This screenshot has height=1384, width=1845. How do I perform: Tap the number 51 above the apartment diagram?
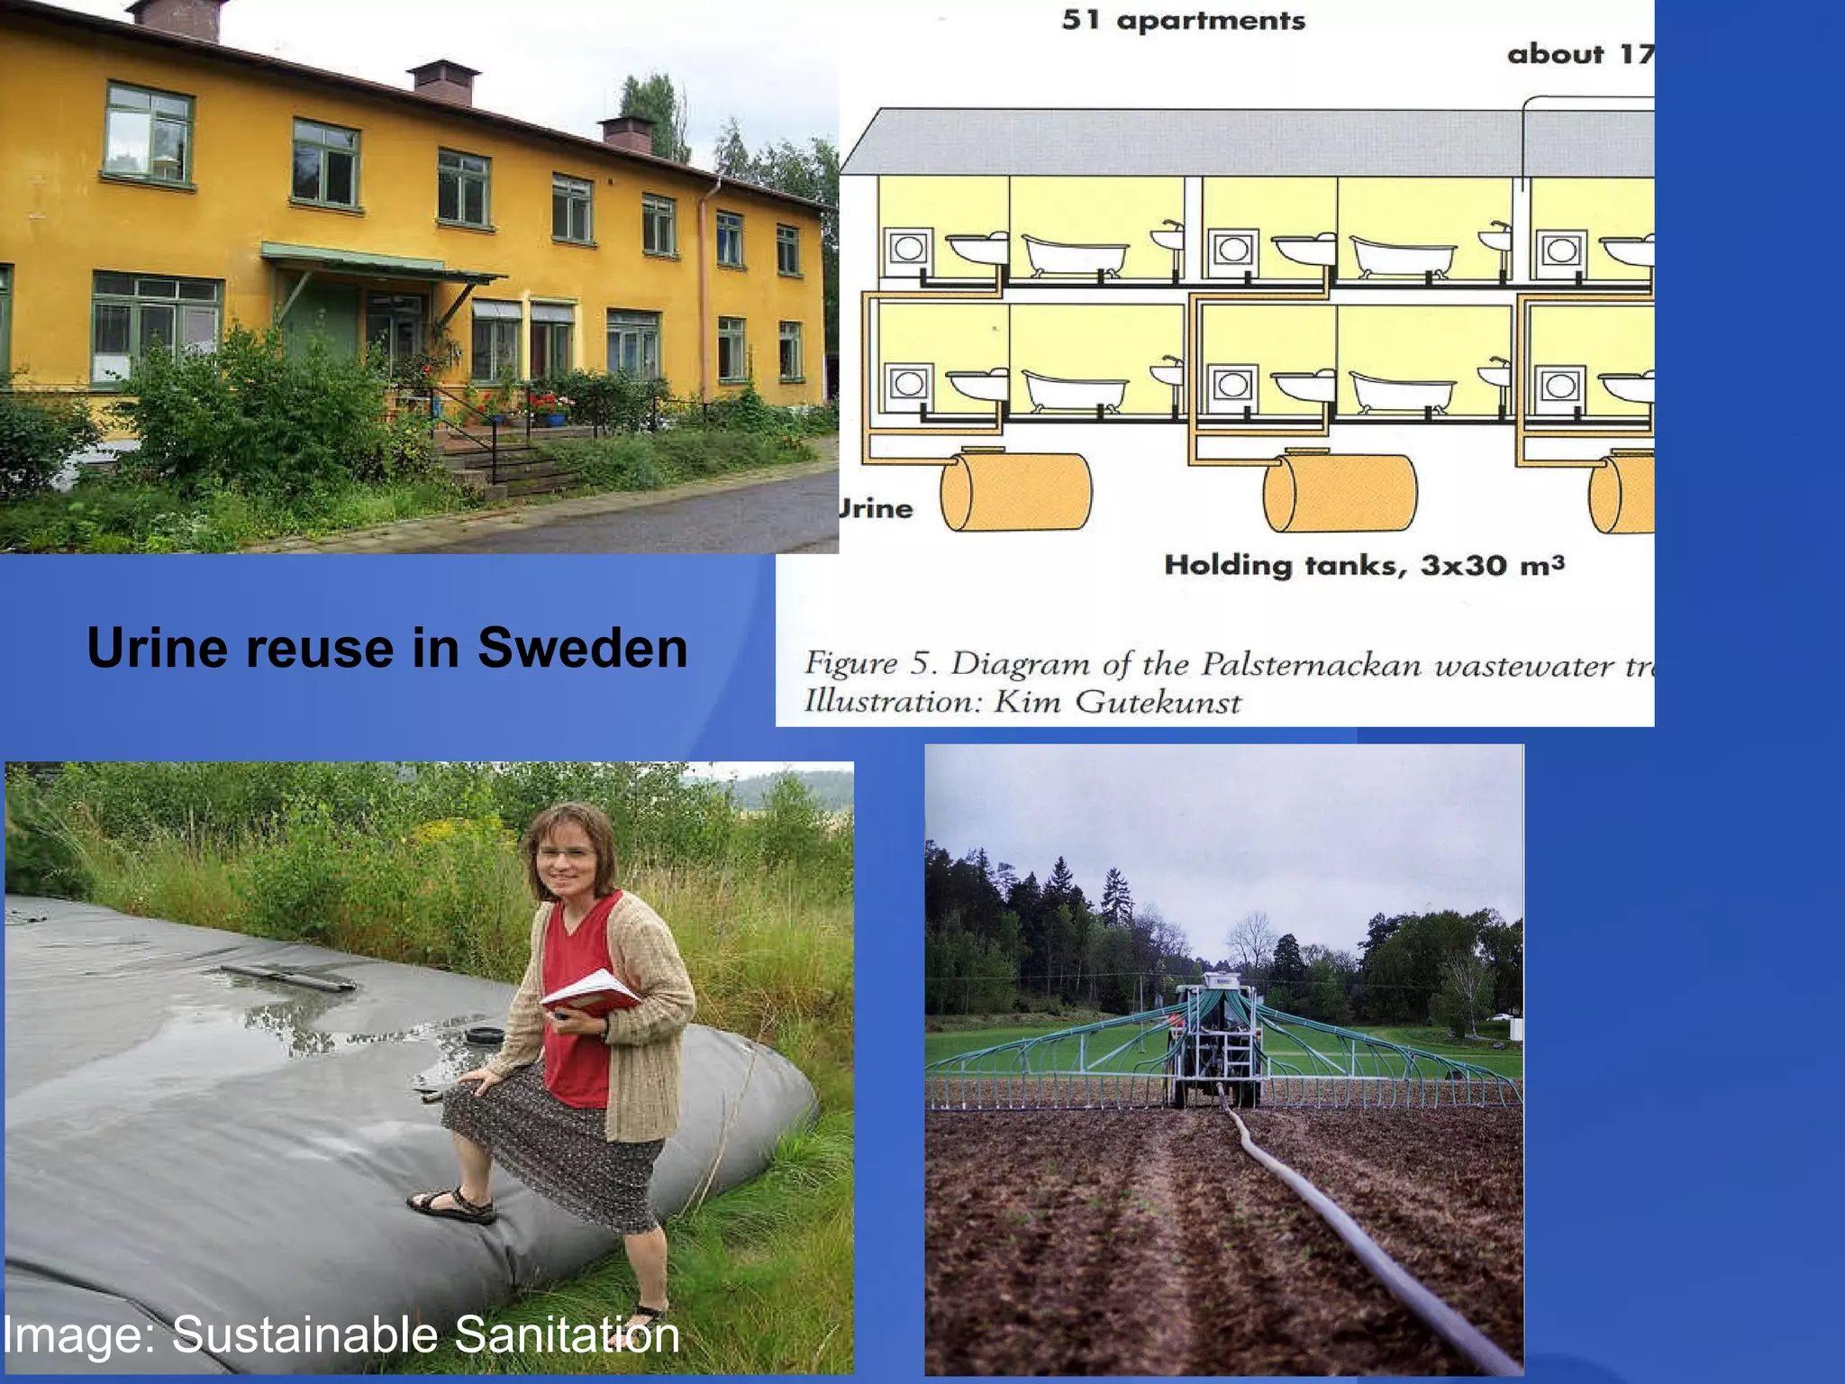point(1082,20)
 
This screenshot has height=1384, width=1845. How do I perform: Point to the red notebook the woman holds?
point(590,992)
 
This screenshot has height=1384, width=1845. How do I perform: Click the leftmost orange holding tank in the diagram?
point(1015,491)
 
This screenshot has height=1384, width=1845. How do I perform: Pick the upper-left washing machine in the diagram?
point(908,248)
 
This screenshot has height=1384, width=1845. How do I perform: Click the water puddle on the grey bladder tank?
point(297,1018)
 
